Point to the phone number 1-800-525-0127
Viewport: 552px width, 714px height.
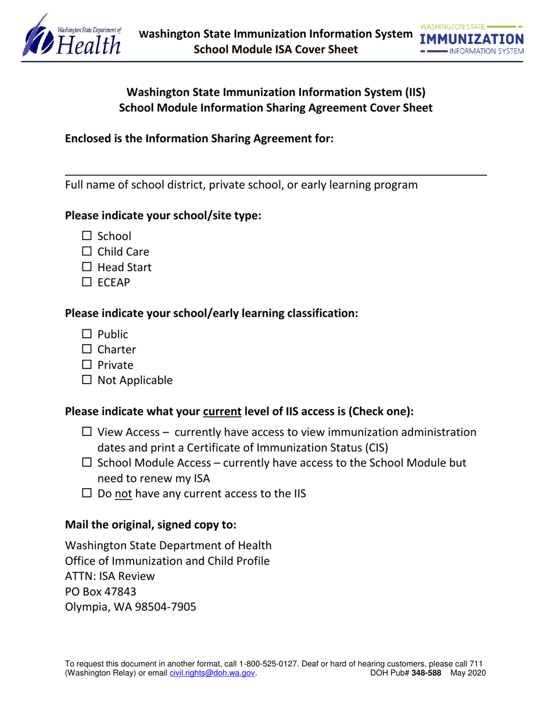pos(259,663)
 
